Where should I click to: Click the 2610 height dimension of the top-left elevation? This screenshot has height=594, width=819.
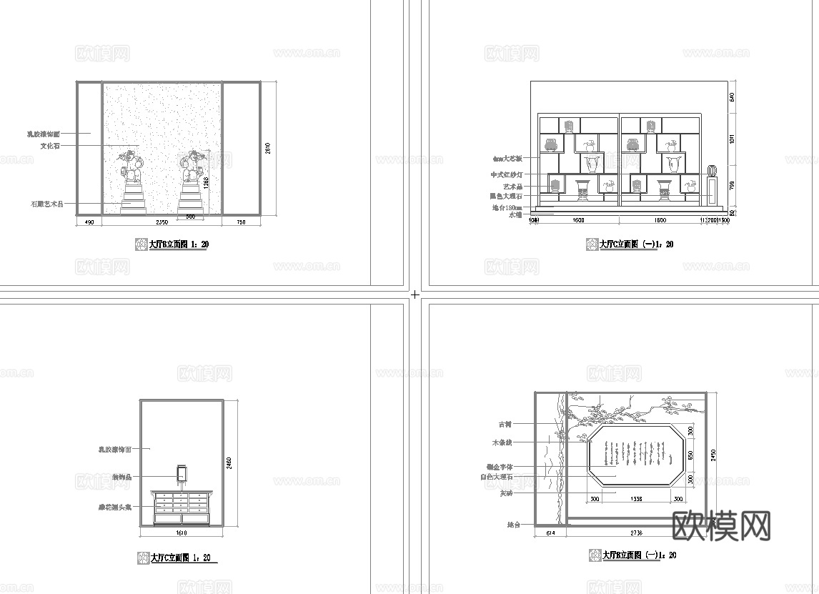tap(268, 148)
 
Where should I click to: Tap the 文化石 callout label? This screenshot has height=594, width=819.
tap(50, 146)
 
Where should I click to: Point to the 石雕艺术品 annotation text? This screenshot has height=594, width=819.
tap(46, 204)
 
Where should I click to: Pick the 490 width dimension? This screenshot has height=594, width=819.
tap(89, 223)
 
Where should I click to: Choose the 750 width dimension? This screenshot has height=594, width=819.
tap(241, 223)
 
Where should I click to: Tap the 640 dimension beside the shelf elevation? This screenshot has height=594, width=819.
tap(732, 97)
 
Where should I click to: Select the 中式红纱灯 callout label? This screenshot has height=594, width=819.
tap(507, 174)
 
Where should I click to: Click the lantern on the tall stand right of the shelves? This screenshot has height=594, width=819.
tap(711, 171)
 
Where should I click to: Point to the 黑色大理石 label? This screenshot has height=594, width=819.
tap(506, 196)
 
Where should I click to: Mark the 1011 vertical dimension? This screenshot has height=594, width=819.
tap(732, 139)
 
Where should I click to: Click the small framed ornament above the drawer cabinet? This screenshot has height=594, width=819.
tap(182, 472)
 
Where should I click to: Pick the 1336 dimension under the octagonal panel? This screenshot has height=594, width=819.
tap(637, 499)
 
